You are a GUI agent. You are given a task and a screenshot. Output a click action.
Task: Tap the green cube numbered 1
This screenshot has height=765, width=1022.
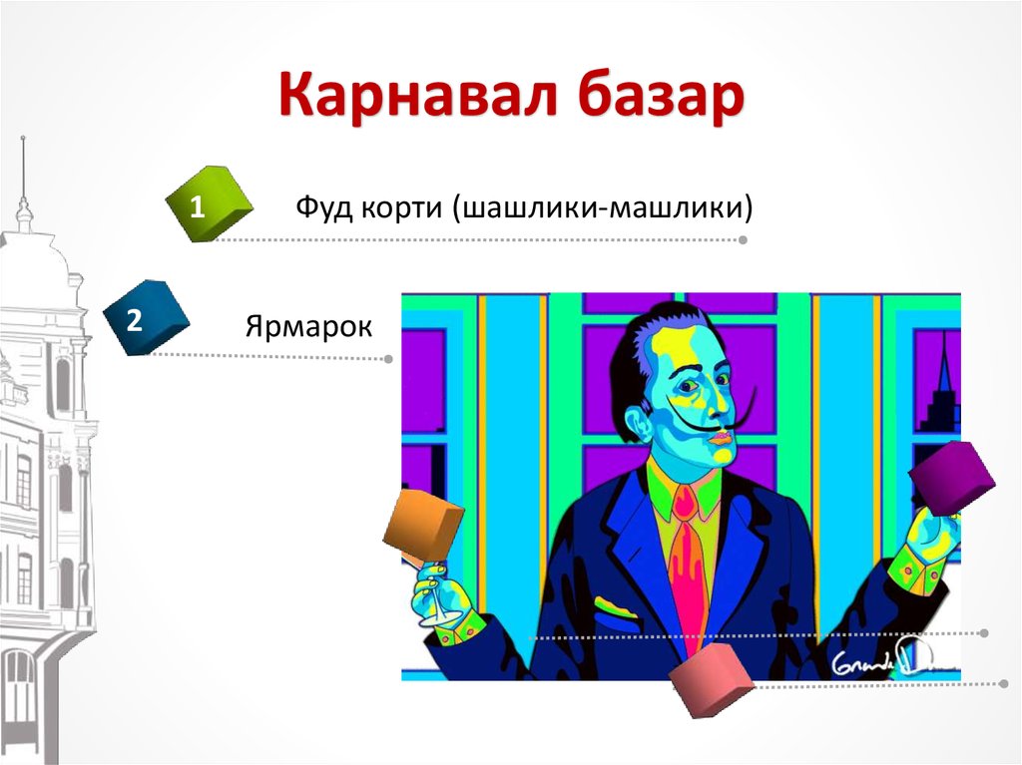click(x=208, y=205)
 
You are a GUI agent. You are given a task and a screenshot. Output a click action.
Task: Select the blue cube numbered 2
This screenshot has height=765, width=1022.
click(x=146, y=318)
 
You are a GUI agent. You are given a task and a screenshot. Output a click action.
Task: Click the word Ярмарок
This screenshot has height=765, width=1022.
click(x=307, y=326)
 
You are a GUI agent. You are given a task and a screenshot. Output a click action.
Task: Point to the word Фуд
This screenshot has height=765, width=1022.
click(x=319, y=208)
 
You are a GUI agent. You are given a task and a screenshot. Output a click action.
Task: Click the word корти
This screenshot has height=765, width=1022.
click(x=395, y=208)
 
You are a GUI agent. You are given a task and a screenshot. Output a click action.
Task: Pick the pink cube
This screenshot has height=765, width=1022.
click(x=710, y=680)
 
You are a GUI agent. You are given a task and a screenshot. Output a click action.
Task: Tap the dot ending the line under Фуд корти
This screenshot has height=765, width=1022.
click(x=743, y=240)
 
